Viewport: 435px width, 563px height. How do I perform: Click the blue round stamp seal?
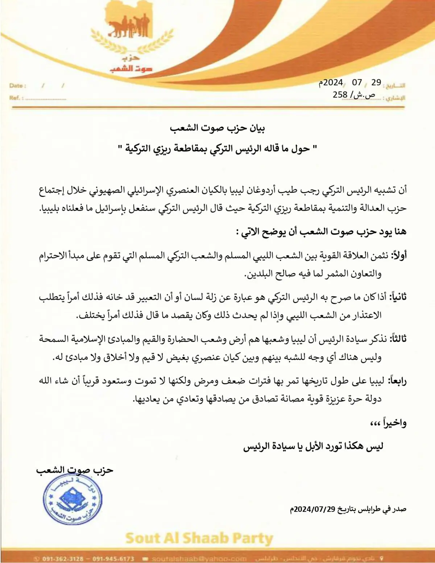72,500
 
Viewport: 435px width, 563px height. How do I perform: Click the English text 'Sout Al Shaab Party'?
199,538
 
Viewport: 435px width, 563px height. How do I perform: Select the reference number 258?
340,95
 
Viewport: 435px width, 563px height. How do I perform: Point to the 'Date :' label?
18,86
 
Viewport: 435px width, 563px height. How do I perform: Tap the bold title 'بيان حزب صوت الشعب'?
217,128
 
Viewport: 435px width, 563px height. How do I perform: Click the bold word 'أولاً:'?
398,255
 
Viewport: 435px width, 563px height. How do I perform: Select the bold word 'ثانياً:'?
398,297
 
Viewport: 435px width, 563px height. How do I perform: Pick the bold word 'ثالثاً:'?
398,339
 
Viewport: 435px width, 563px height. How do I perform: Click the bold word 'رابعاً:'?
397,381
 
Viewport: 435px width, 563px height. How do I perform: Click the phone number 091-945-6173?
113,559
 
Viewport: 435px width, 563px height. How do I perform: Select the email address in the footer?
199,559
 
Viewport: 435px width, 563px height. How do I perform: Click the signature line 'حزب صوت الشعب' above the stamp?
75,470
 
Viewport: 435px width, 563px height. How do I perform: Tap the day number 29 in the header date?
376,83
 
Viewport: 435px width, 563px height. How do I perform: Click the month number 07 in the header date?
357,83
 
